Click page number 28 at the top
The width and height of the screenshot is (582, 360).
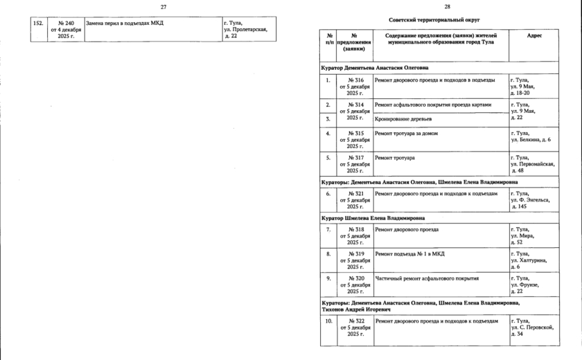437,6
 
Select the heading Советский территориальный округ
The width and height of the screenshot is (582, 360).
435,20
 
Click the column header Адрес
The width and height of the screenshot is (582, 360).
534,35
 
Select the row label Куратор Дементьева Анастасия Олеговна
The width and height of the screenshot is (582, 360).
374,68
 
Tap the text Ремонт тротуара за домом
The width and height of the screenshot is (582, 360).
406,132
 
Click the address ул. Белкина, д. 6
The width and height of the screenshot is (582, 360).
530,140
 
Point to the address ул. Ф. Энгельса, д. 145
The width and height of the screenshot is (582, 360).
530,200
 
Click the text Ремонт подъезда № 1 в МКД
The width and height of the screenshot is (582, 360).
408,254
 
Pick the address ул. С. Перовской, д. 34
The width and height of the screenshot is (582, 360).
532,327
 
